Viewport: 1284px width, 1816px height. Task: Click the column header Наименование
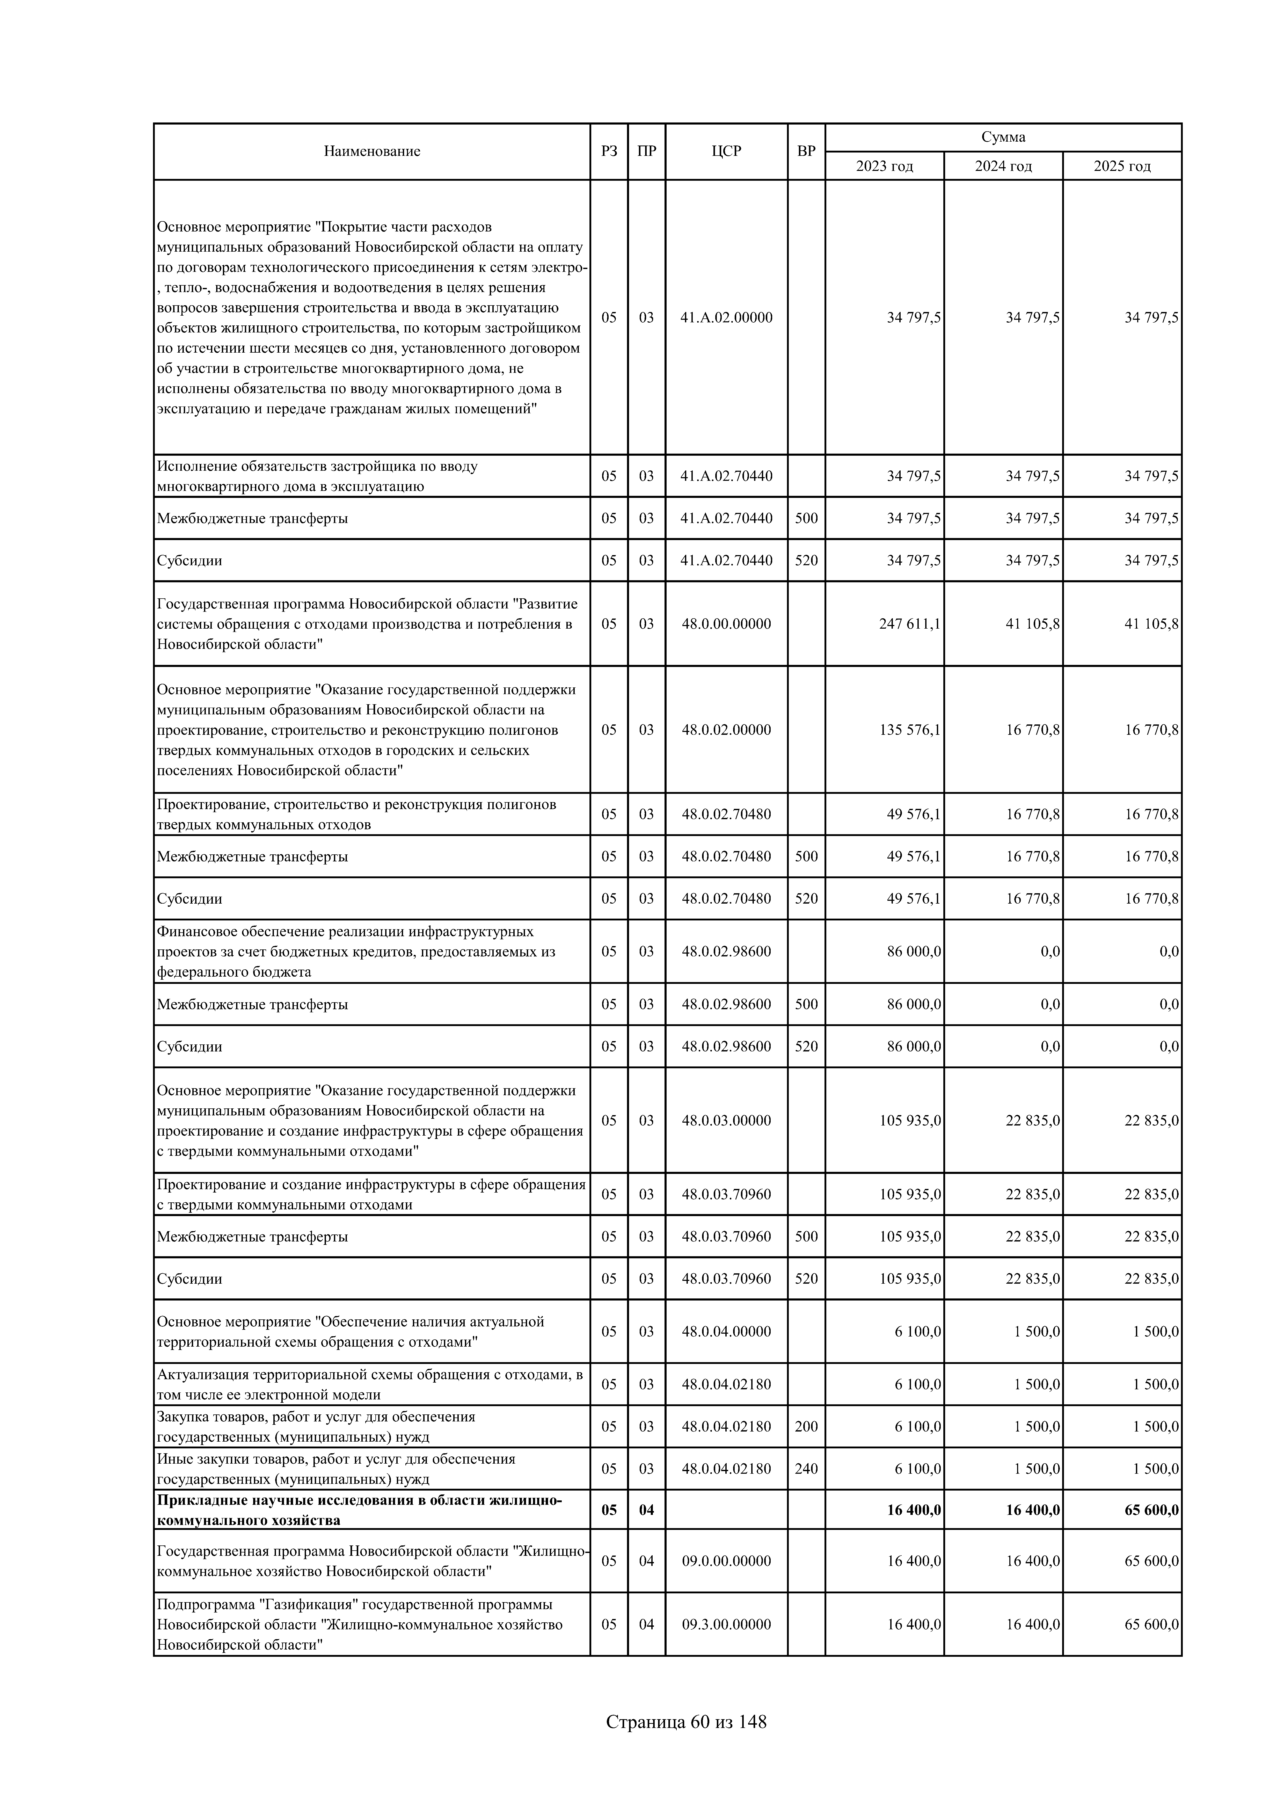coord(371,151)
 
